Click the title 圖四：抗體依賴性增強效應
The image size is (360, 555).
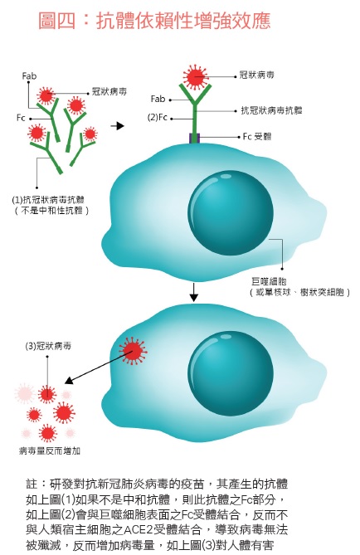coord(154,20)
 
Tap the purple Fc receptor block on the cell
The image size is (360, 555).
coord(195,138)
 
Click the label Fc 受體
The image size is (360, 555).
coord(257,137)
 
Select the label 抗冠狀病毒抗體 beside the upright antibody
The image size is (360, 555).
coord(271,110)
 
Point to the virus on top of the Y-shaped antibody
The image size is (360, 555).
coord(196,77)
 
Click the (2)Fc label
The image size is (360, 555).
coord(157,118)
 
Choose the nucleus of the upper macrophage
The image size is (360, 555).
coord(231,212)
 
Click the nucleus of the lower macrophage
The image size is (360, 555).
coord(231,372)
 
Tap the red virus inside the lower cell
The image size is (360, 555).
coord(133,351)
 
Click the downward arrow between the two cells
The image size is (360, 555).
coord(193,292)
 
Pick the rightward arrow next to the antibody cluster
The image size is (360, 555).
coord(117,125)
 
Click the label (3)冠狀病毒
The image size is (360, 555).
coord(48,346)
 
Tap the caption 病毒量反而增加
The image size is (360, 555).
coord(50,450)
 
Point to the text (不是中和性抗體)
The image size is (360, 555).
coord(51,211)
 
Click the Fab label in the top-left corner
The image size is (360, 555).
coord(29,76)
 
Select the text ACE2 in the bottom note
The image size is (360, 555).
coord(144,530)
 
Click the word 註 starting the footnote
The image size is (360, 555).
coord(32,484)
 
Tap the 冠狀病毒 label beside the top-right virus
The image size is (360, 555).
coord(256,75)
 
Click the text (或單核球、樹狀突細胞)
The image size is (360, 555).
coord(299,292)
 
